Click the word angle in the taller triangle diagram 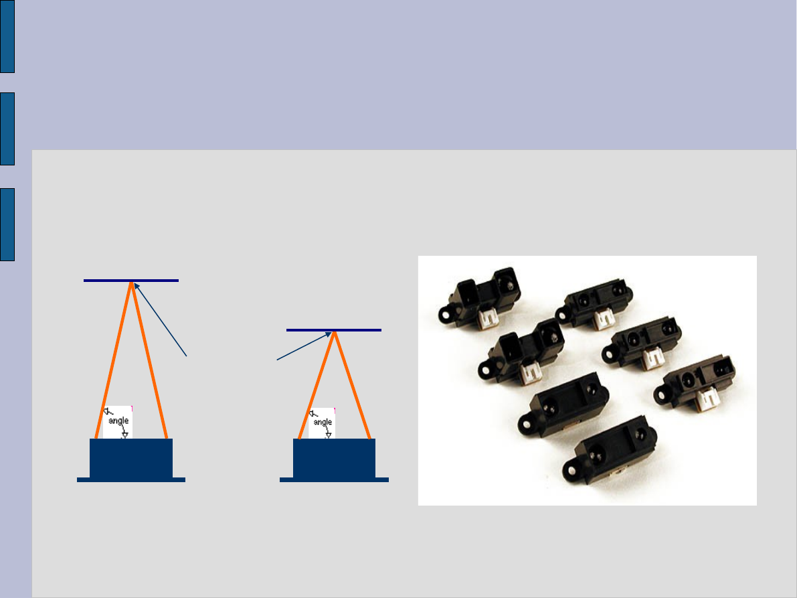coord(118,421)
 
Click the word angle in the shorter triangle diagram coord(323,422)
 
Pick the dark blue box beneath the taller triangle coord(131,458)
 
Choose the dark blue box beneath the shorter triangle coord(334,458)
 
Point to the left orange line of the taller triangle coord(113,362)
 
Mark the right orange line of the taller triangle coord(149,362)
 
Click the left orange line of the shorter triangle coord(317,385)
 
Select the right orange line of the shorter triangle coord(352,385)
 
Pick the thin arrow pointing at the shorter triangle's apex coord(304,346)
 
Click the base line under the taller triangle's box coord(131,479)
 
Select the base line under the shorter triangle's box coord(334,479)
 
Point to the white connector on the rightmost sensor coord(707,400)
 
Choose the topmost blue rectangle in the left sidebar coord(7,36)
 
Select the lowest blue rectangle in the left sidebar coord(7,224)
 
